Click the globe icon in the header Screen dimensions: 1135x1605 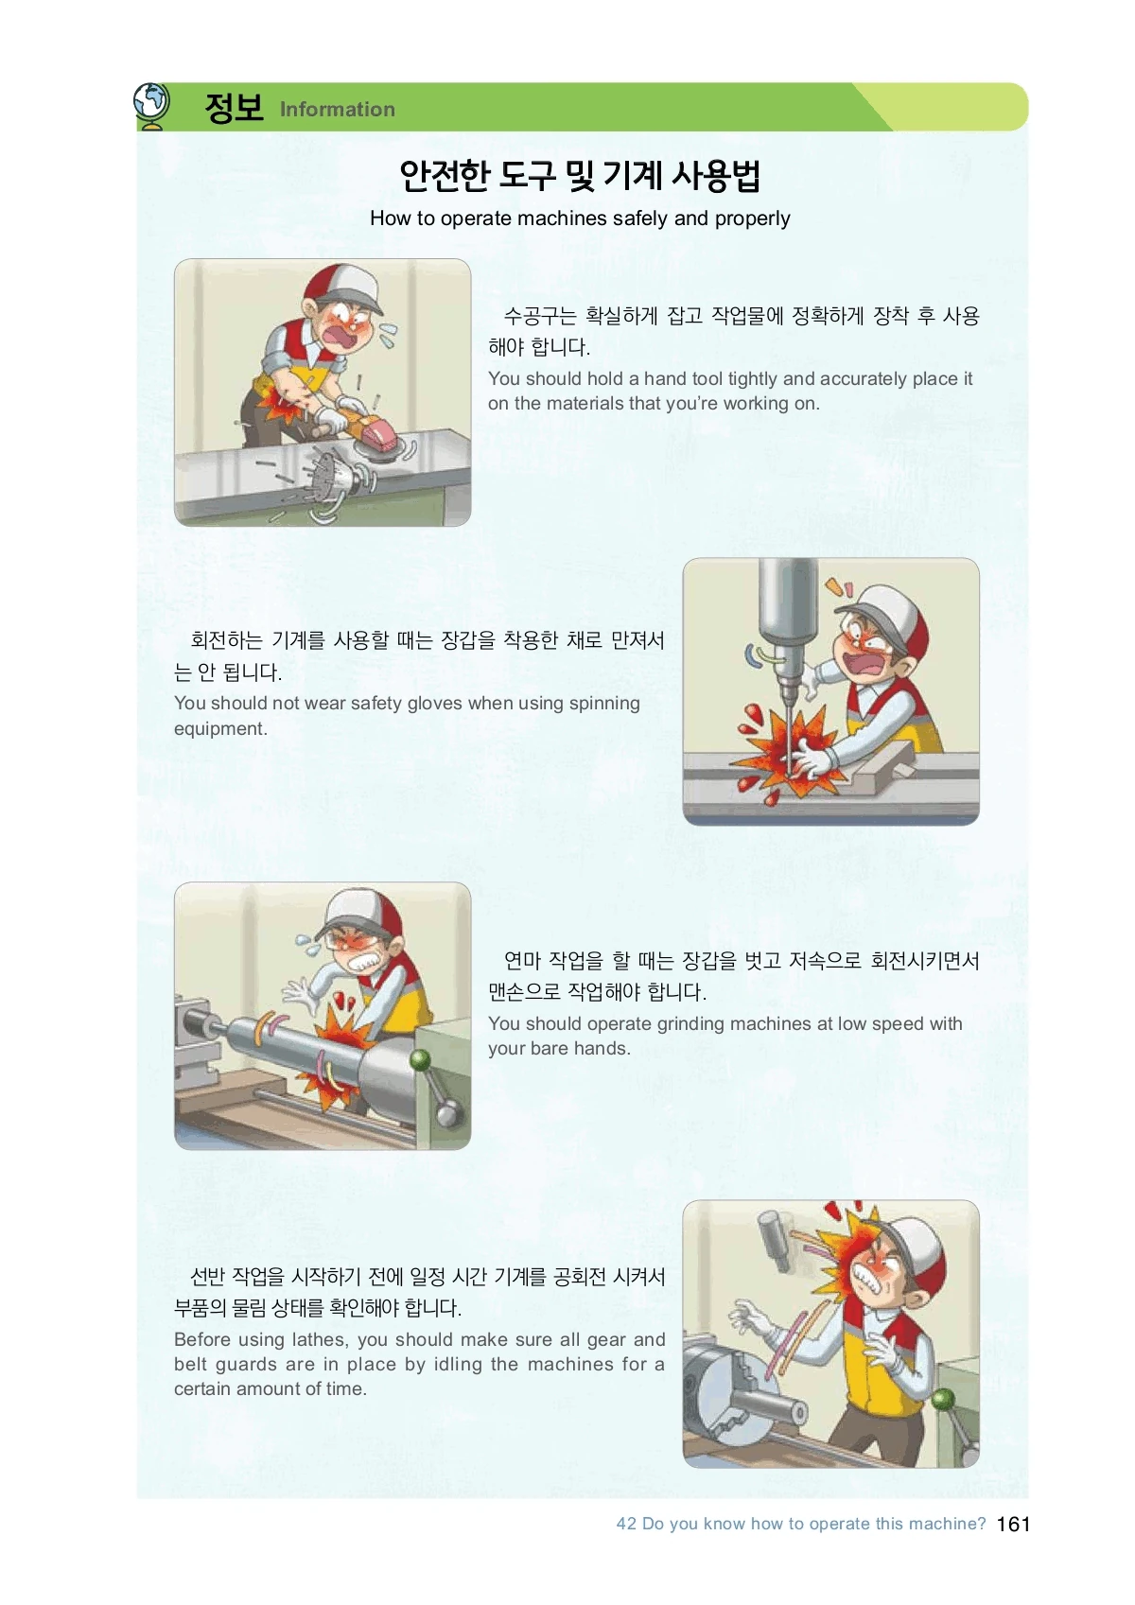(x=152, y=106)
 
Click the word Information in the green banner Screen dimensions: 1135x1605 (x=337, y=109)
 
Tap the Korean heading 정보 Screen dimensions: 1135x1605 (x=234, y=108)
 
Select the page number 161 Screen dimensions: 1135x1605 (x=1013, y=1524)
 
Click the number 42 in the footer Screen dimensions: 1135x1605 (x=626, y=1524)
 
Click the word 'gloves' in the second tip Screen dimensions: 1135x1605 (x=433, y=704)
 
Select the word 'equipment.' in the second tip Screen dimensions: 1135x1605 (x=220, y=728)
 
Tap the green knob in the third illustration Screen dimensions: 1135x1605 (x=421, y=1059)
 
